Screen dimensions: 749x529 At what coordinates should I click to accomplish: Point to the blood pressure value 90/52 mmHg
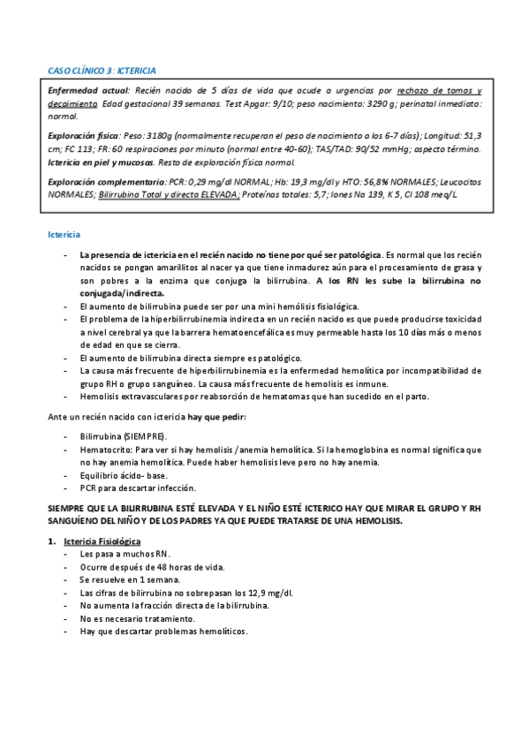coord(412,148)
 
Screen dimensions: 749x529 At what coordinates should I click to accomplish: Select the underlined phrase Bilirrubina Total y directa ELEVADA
coord(169,193)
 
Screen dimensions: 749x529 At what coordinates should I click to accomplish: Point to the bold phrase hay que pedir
coord(213,416)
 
